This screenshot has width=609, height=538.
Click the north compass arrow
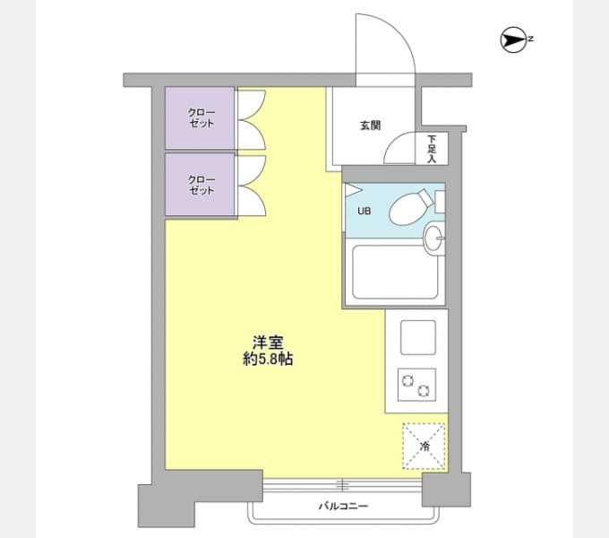(513, 39)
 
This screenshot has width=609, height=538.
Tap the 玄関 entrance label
(370, 126)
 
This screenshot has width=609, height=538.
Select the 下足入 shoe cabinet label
(431, 149)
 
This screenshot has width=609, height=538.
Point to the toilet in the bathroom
(408, 207)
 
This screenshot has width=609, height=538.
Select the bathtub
(393, 273)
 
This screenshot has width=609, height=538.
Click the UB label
(365, 213)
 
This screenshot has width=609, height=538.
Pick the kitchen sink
(416, 337)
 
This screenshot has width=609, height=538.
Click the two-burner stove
(416, 386)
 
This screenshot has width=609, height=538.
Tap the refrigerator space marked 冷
(424, 445)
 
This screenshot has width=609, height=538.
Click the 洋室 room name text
(267, 342)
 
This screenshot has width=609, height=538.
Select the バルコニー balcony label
(343, 507)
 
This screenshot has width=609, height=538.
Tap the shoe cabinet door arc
(399, 148)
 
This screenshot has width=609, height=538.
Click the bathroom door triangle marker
(352, 191)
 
